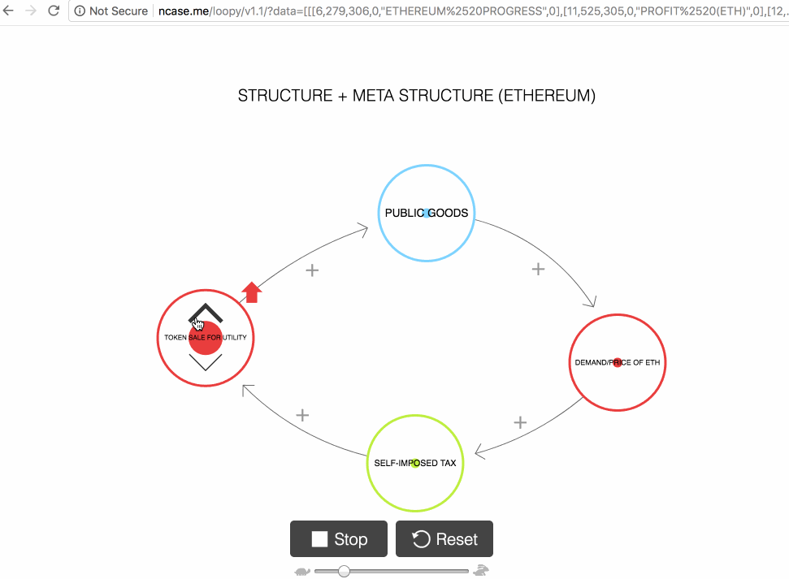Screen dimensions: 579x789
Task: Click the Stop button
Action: pyautogui.click(x=338, y=539)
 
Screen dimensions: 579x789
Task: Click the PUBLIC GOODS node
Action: pyautogui.click(x=427, y=213)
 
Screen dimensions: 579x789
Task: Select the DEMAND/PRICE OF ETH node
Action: pyautogui.click(x=618, y=362)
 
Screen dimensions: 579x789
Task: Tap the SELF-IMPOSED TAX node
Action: pyautogui.click(x=415, y=463)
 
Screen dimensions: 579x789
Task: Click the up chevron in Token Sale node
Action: pyautogui.click(x=206, y=313)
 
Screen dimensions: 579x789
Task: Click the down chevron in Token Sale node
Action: pyautogui.click(x=206, y=363)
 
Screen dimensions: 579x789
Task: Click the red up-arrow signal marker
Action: pyautogui.click(x=252, y=292)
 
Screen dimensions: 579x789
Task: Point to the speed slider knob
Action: pyautogui.click(x=344, y=572)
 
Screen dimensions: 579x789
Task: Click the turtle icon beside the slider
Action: pyautogui.click(x=302, y=572)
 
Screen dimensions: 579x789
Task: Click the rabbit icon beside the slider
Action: pyautogui.click(x=482, y=571)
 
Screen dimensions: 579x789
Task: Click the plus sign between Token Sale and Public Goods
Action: pyautogui.click(x=311, y=270)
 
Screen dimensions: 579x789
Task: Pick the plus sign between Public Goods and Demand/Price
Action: pyautogui.click(x=538, y=269)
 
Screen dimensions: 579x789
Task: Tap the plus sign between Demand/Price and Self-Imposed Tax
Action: pyautogui.click(x=521, y=422)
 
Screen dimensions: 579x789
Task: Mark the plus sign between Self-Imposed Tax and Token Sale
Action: pyautogui.click(x=302, y=415)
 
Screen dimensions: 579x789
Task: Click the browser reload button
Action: pyautogui.click(x=54, y=11)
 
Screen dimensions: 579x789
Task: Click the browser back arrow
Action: pyautogui.click(x=9, y=11)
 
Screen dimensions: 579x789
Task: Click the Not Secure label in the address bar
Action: pyautogui.click(x=118, y=11)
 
